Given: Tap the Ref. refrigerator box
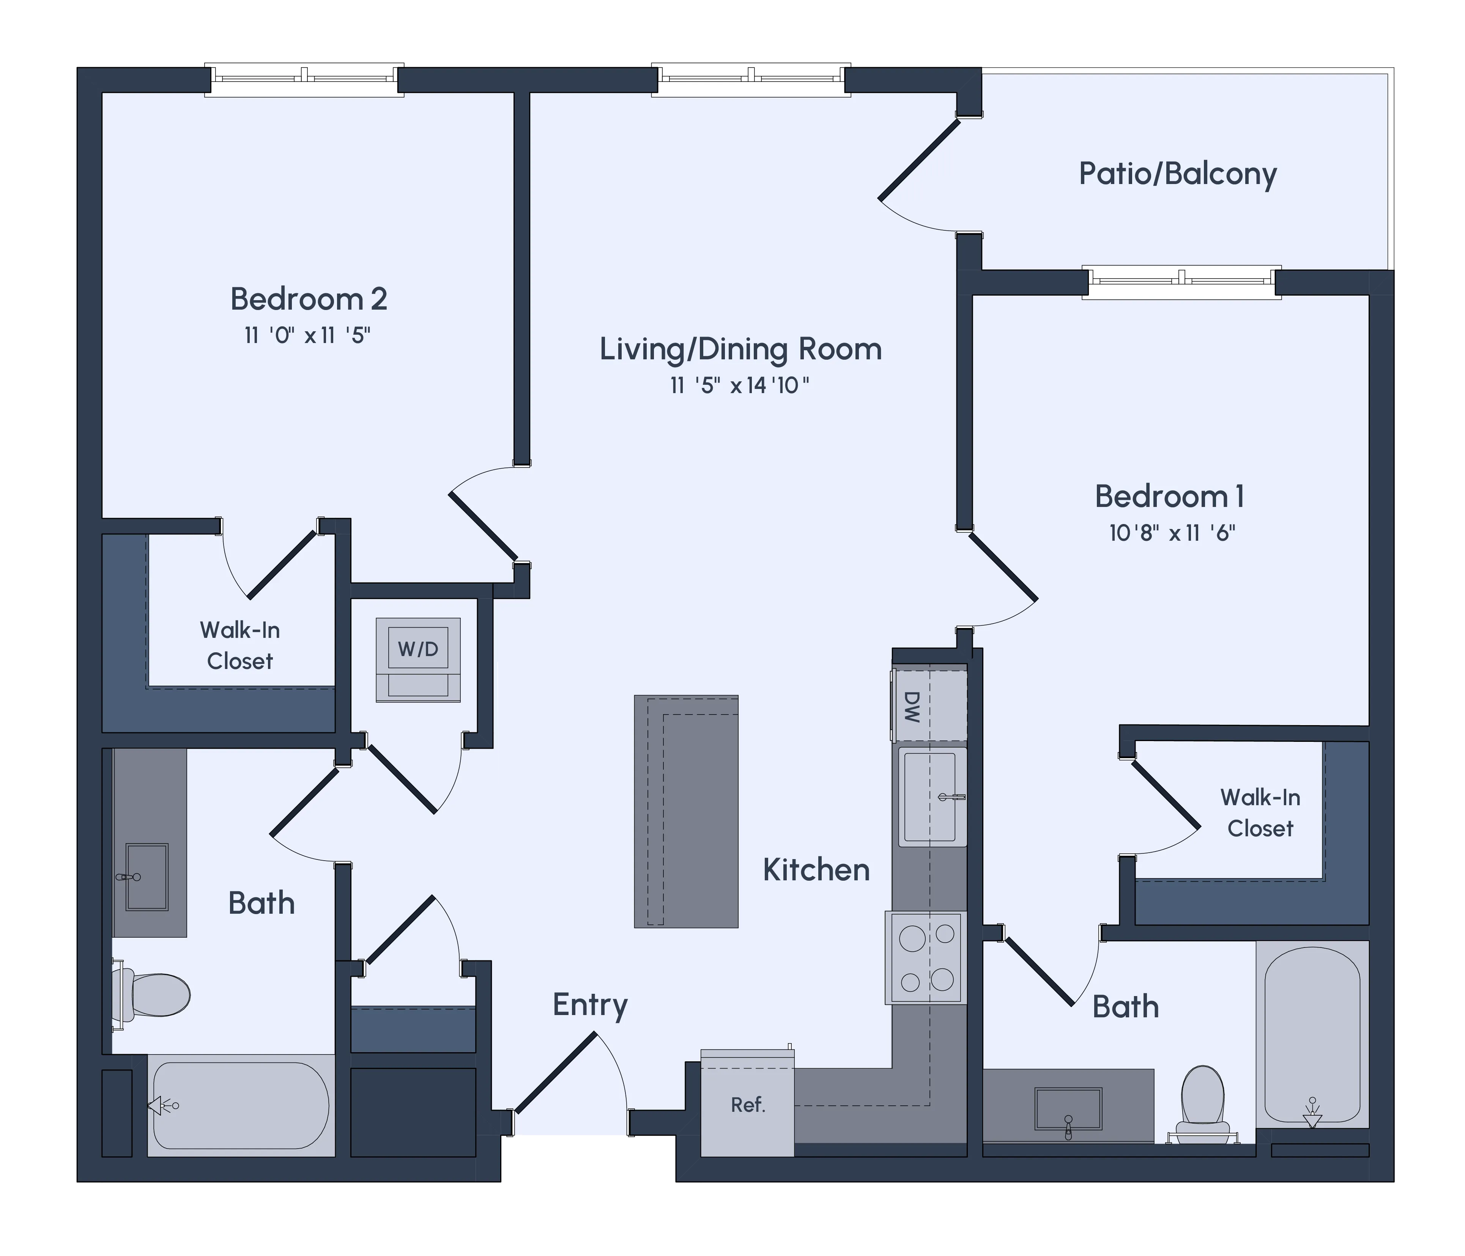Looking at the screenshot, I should coord(747,1104).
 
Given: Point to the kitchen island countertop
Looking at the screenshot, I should coord(686,811).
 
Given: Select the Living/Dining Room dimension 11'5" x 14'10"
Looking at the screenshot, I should coord(740,385).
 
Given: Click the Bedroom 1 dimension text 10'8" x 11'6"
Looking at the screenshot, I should coord(1172,532).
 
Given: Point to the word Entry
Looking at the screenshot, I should coord(590,1004).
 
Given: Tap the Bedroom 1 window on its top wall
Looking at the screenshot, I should coord(1181,281).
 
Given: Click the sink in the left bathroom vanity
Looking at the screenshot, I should coord(147,877).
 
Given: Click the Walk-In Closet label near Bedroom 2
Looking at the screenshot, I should coord(240,645).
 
